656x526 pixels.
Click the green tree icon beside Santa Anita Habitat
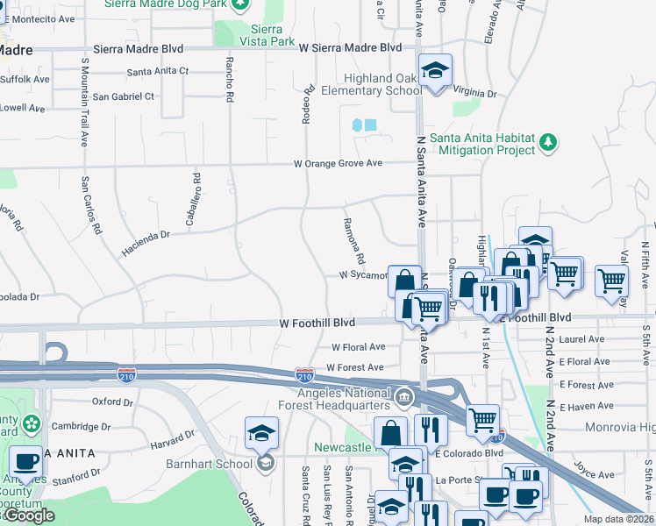549,142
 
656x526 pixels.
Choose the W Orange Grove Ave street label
338,163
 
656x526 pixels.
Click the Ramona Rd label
353,242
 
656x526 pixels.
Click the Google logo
29,515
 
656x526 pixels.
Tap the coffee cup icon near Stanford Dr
25,461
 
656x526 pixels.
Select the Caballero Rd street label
196,189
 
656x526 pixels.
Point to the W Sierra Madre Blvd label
350,47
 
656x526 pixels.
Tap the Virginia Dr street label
475,93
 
